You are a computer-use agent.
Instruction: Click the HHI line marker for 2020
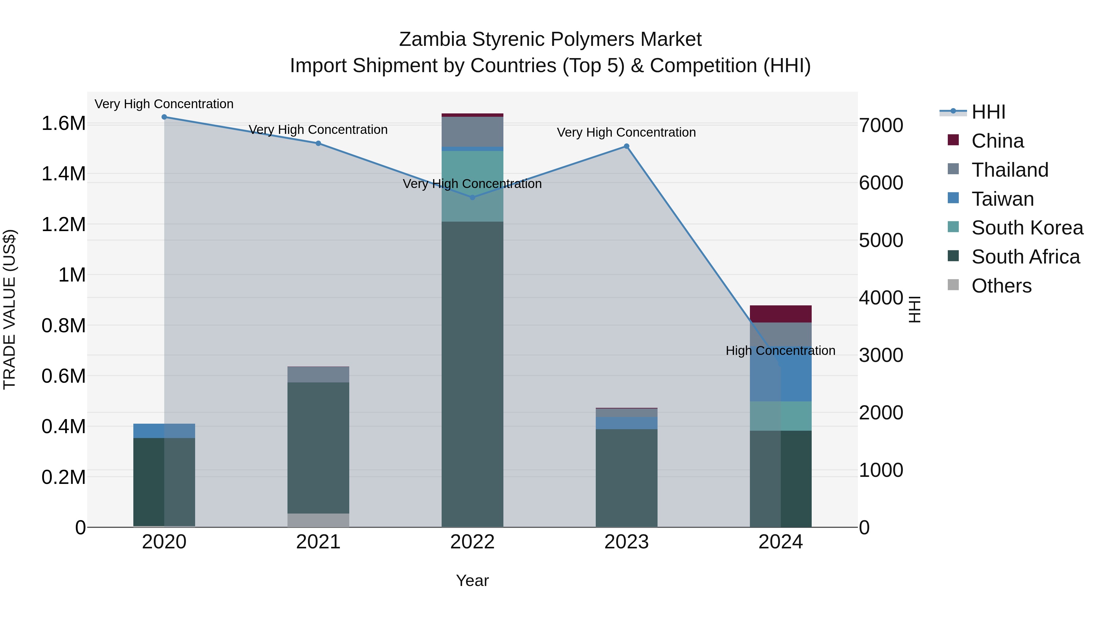[164, 117]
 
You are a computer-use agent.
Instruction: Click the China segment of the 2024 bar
[780, 314]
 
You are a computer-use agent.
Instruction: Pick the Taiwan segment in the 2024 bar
[780, 374]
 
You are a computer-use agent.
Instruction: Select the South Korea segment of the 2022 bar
[472, 186]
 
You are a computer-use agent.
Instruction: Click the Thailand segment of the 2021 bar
[318, 375]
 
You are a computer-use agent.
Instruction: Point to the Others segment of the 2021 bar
[318, 520]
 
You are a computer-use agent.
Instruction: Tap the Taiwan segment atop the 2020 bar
[164, 431]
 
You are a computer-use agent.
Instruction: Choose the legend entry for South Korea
[1027, 228]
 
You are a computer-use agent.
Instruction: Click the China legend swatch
[953, 140]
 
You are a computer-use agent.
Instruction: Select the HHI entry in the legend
[988, 112]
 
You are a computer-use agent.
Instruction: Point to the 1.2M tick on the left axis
[63, 225]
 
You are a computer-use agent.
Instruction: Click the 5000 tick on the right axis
[881, 241]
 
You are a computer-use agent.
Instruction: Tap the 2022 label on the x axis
[472, 542]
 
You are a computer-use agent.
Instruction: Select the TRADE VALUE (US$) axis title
[9, 309]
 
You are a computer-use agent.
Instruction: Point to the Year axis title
[472, 580]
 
